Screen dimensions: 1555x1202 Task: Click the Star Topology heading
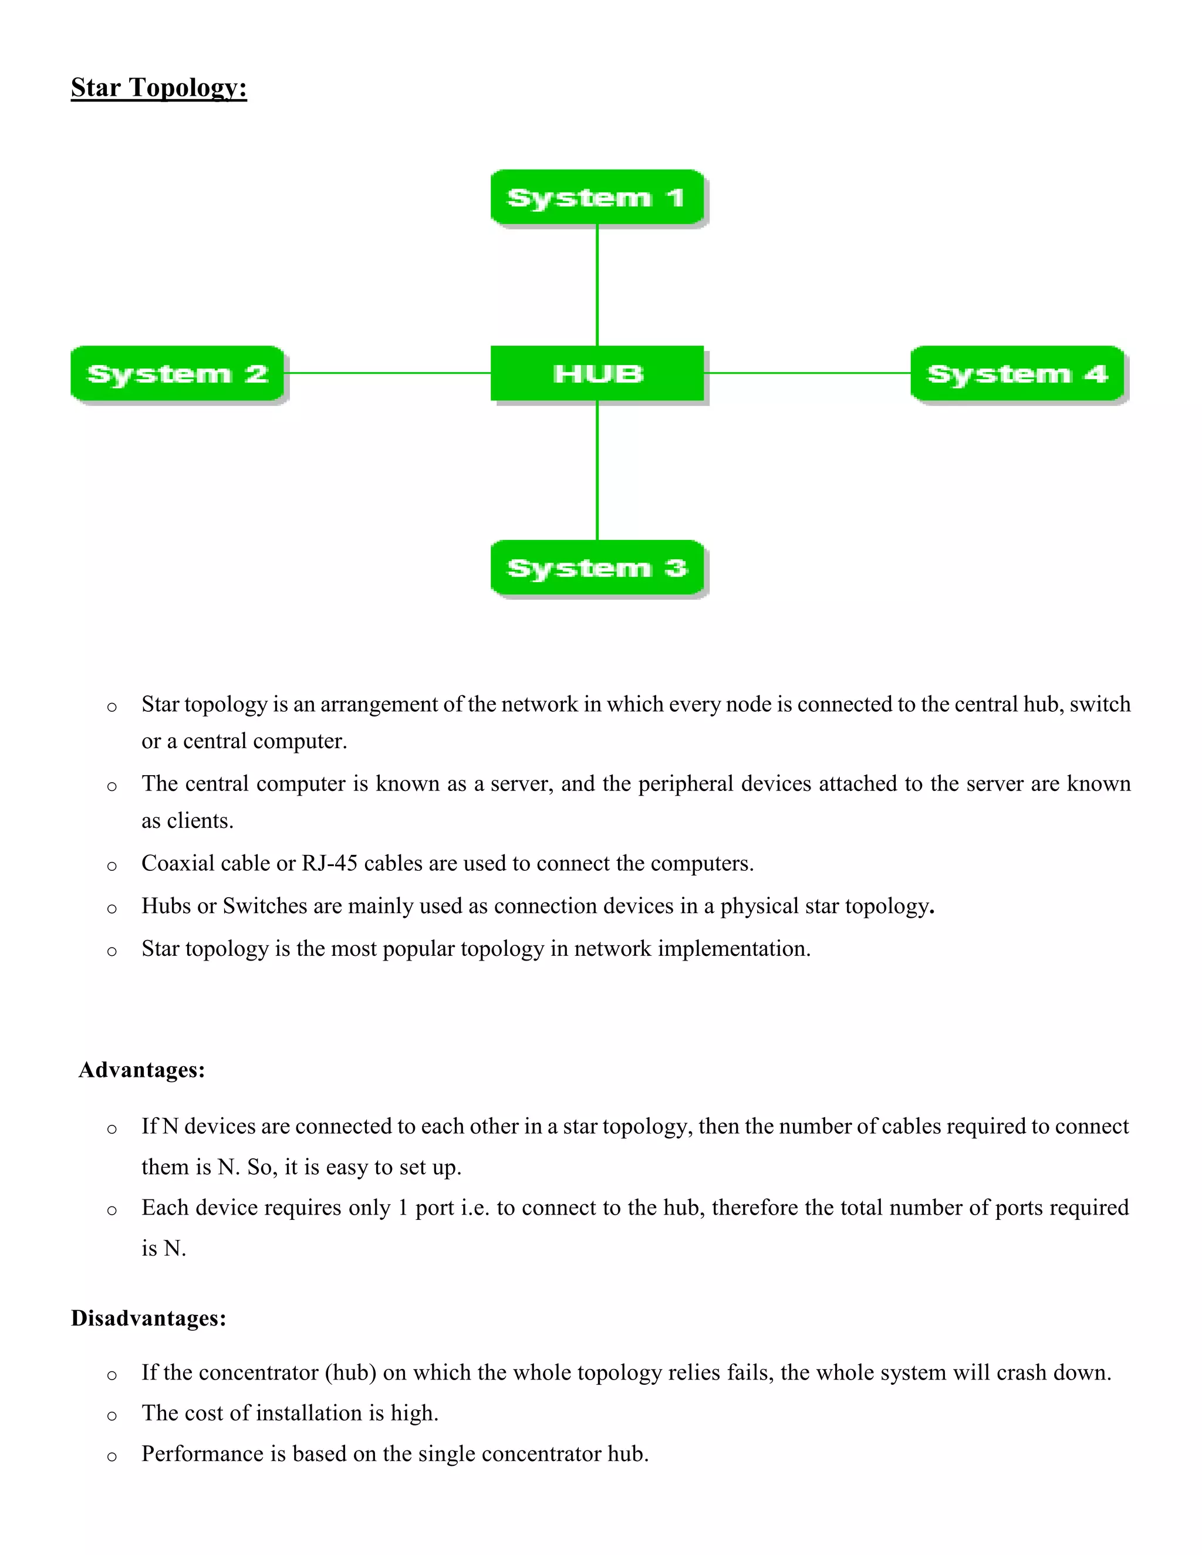coord(159,87)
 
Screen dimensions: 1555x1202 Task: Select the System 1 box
coord(597,197)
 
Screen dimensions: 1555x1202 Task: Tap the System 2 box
coord(177,374)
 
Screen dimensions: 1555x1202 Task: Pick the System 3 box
coord(597,567)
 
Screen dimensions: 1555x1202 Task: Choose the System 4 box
coord(1017,374)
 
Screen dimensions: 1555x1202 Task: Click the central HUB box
coord(597,373)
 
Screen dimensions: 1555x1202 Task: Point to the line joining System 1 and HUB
coord(597,285)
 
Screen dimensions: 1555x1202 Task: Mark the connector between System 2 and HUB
coord(387,373)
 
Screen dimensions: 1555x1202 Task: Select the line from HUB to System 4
coord(807,373)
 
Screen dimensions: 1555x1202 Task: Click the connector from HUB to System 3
coord(597,470)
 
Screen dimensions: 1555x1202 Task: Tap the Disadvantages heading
coord(148,1318)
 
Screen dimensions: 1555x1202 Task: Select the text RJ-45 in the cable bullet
coord(329,864)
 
